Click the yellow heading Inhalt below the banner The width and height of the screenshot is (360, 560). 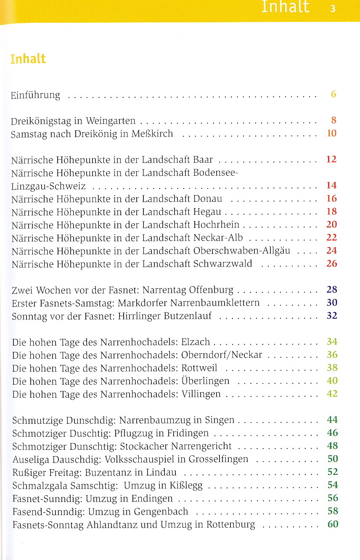[x=28, y=59]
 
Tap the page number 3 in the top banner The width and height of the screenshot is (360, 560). [x=333, y=9]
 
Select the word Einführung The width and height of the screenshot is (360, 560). [x=35, y=95]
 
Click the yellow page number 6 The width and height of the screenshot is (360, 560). [x=334, y=94]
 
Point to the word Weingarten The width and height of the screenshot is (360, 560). [x=111, y=121]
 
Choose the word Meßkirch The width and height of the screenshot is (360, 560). [x=152, y=134]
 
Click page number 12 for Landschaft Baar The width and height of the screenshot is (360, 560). [x=331, y=159]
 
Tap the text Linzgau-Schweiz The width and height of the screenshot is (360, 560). [x=48, y=186]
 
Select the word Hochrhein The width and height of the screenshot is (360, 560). [x=216, y=225]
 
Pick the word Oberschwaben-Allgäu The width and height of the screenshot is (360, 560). [x=242, y=251]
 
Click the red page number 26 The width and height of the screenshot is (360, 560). [x=331, y=263]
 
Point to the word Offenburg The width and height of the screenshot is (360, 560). [x=211, y=290]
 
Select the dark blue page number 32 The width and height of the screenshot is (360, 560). [x=332, y=315]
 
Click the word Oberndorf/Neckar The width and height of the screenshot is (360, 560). [x=222, y=355]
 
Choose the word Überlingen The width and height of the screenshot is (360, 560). [x=205, y=381]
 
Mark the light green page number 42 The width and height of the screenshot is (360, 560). [x=332, y=394]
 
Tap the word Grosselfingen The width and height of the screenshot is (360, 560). [x=218, y=459]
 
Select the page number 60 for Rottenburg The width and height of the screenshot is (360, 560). [x=333, y=524]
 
